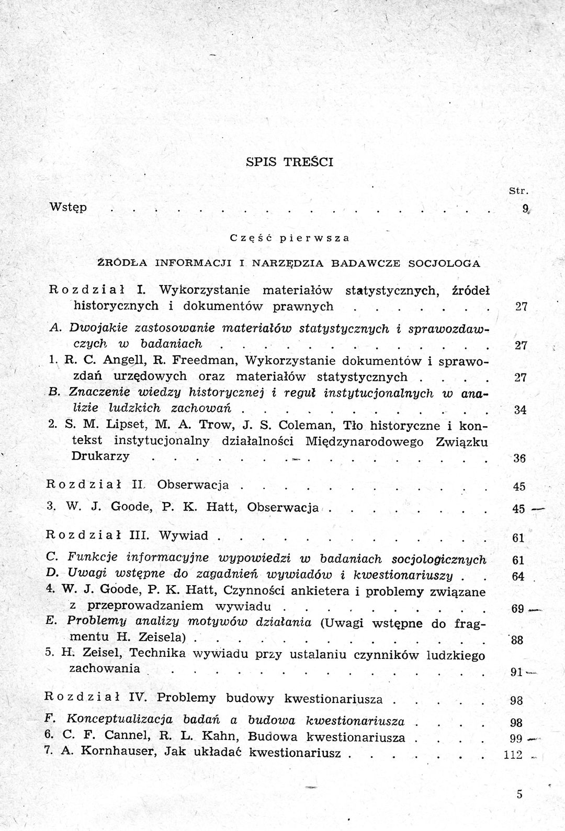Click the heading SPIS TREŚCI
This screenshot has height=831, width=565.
coord(289,162)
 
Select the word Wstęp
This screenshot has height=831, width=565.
coord(68,207)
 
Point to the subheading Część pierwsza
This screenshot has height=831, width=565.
coord(289,237)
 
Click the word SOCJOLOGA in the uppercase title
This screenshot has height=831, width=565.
coord(444,263)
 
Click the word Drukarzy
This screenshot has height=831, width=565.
coord(100,456)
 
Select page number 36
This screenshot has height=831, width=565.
coord(519,459)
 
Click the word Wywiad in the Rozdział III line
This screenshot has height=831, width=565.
coord(184,536)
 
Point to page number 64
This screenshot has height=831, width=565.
coord(518,577)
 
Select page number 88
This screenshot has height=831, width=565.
coord(517,640)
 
